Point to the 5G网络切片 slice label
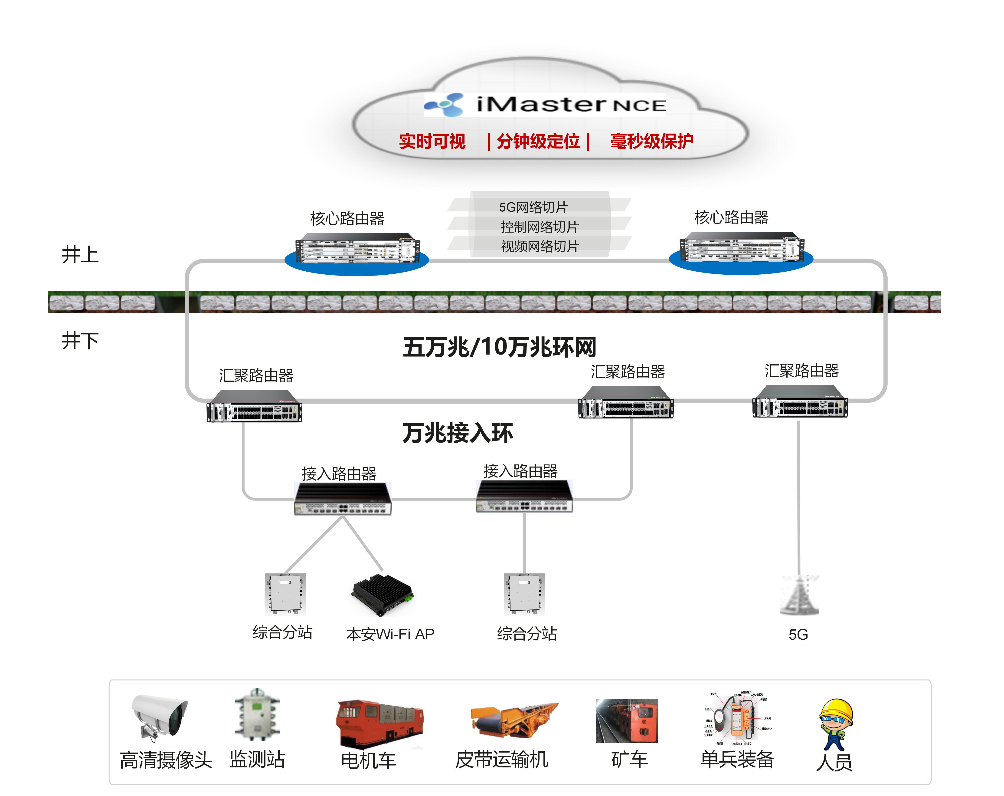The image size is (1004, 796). coord(533,207)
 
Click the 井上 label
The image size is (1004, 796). coord(80,255)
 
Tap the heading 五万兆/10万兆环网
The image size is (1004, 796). coord(499,347)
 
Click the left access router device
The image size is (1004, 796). coord(343,499)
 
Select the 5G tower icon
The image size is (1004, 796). coord(799,596)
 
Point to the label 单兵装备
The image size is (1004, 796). coord(737,760)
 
